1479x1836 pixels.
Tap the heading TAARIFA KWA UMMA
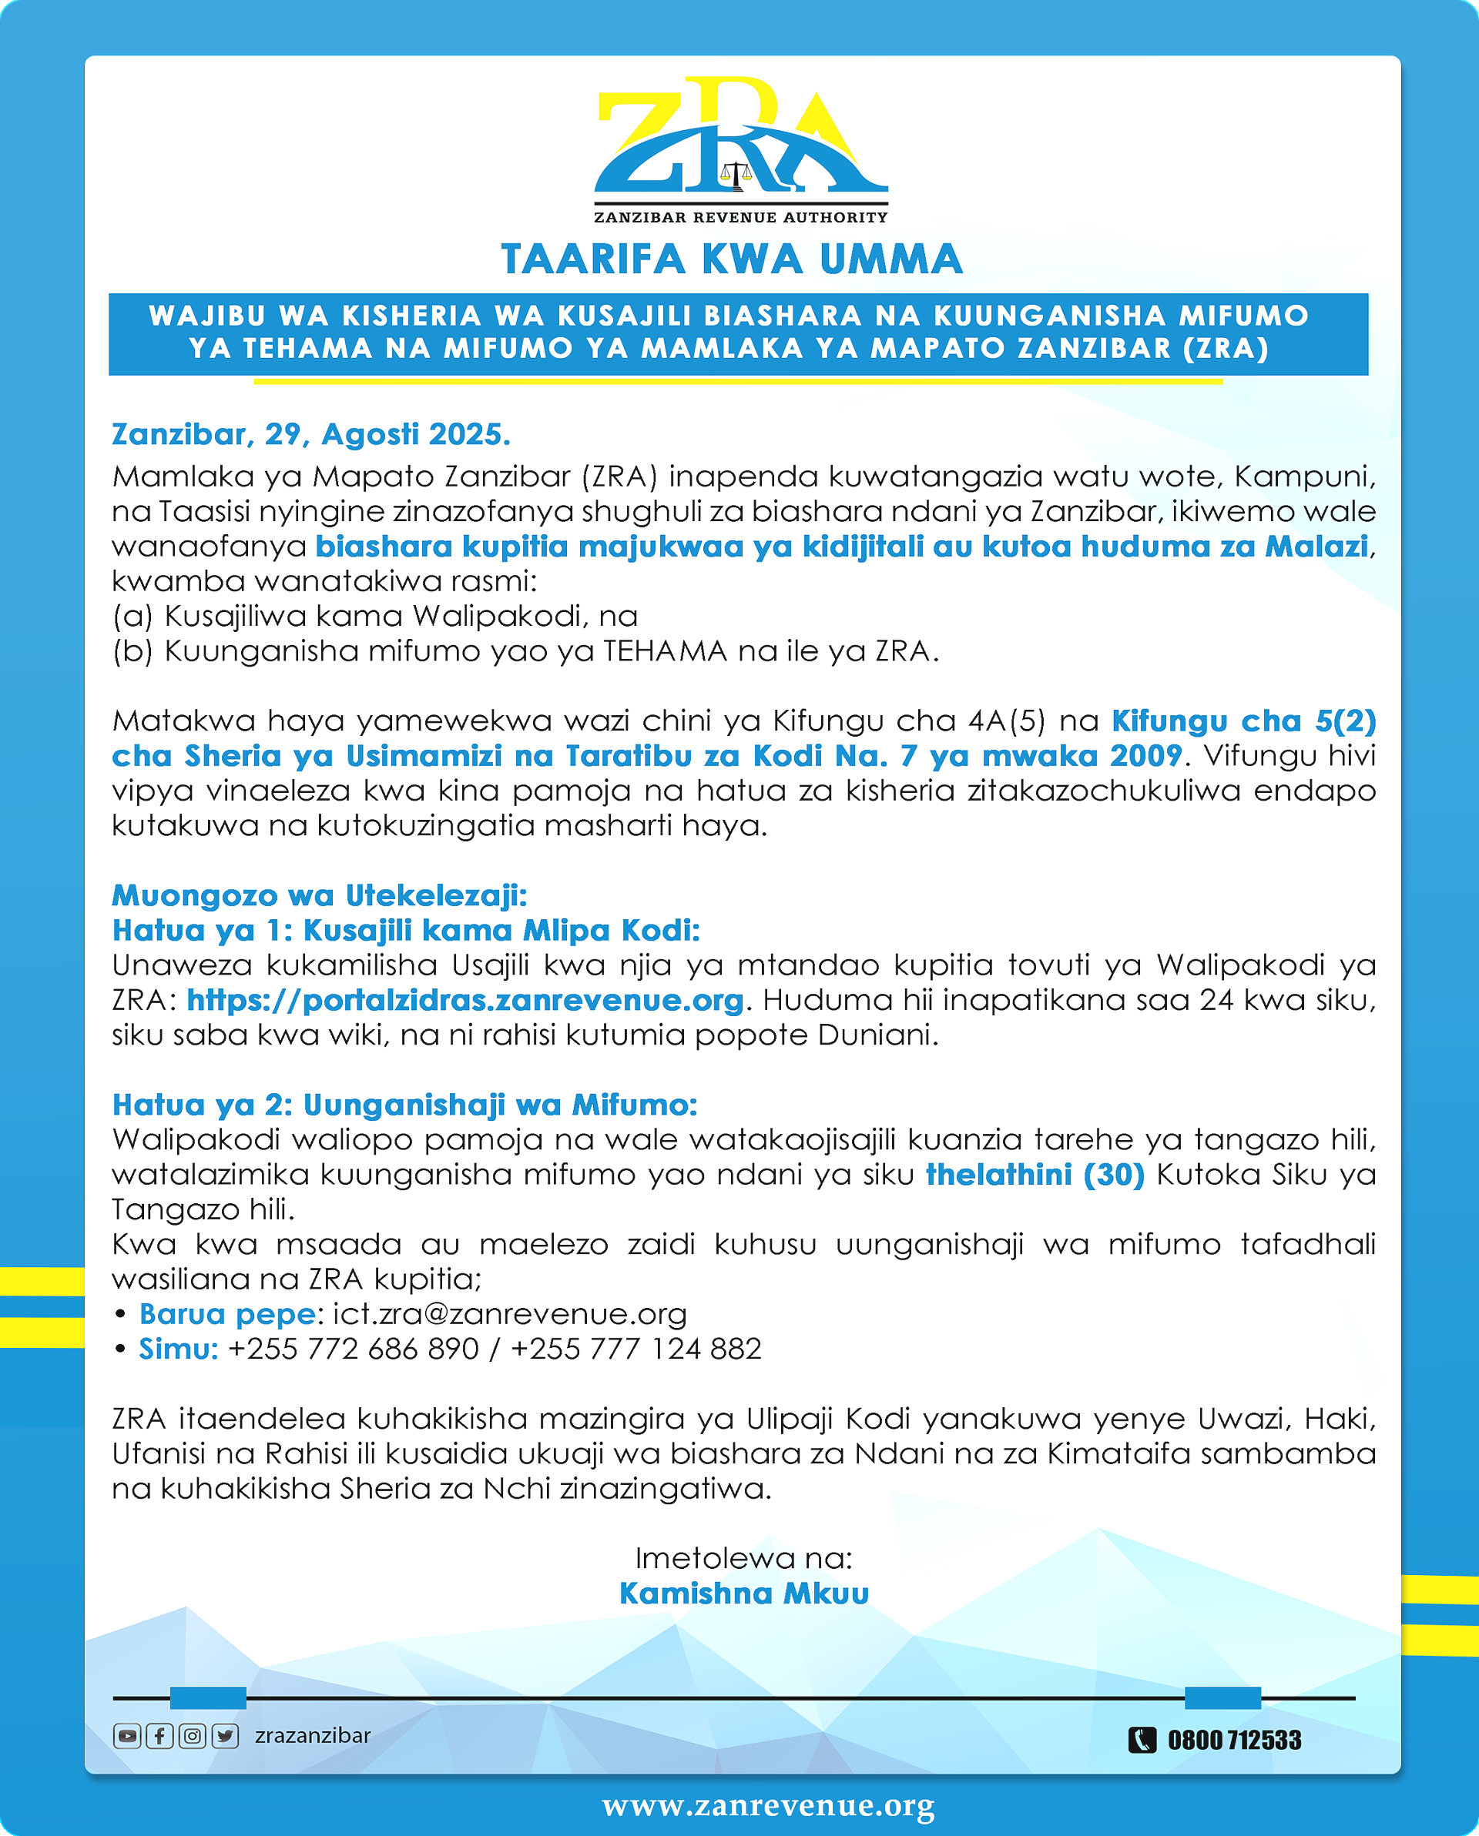point(732,259)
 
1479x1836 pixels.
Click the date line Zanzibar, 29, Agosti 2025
point(311,434)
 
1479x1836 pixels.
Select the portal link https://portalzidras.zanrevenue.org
point(465,1000)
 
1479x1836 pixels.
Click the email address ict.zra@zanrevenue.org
point(509,1314)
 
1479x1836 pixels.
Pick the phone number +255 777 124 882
point(636,1349)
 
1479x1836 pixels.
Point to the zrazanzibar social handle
point(313,1735)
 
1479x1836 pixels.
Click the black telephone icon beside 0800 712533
point(1142,1740)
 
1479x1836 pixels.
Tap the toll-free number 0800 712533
point(1235,1740)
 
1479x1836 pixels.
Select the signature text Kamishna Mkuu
point(744,1594)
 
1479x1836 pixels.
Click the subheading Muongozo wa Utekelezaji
point(320,895)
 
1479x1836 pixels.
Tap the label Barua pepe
point(227,1314)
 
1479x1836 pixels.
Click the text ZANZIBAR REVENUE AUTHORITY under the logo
point(740,217)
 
